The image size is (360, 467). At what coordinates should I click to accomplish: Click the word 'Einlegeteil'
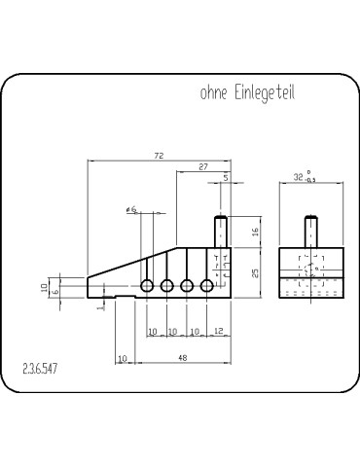265,94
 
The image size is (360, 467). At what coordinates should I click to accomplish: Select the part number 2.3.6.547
40,369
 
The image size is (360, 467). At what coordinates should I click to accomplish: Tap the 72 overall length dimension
159,156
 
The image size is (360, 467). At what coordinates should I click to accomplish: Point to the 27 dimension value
203,167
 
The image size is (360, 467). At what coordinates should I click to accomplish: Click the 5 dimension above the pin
226,178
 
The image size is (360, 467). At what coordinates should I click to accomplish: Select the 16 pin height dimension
256,232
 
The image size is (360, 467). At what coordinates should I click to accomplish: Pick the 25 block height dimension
256,273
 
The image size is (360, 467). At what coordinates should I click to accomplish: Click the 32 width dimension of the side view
299,177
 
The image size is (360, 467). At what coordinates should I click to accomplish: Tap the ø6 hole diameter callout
131,210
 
